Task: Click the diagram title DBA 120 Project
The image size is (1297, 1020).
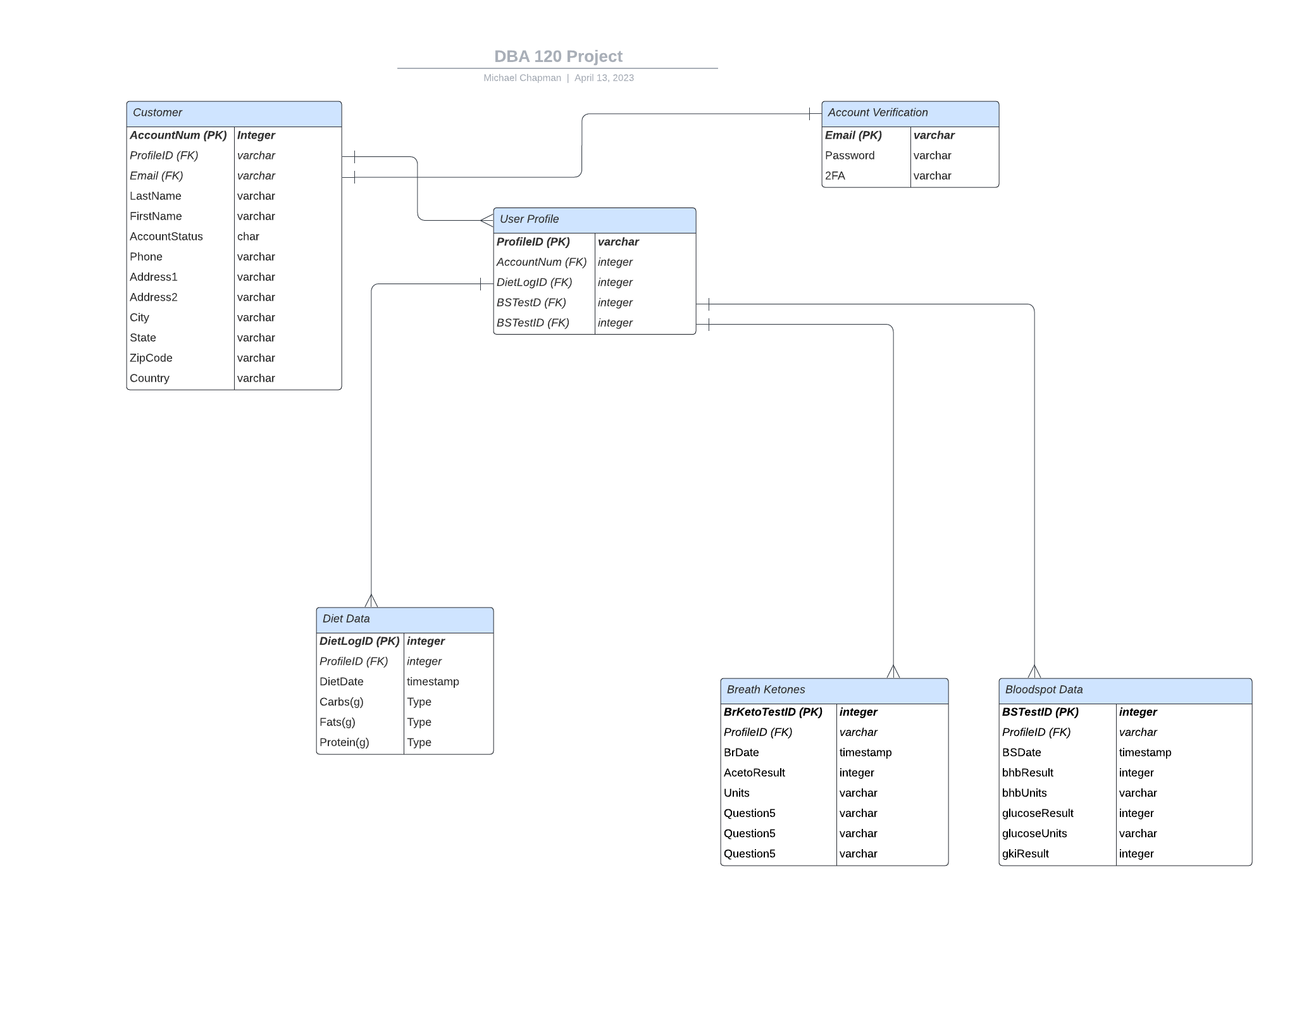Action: coord(558,56)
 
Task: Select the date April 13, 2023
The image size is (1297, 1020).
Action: coord(604,78)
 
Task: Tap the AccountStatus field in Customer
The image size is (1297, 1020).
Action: coord(166,237)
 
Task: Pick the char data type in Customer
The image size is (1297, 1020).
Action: coord(248,237)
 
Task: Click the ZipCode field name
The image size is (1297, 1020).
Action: coord(151,358)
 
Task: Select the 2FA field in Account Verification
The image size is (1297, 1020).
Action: coord(835,176)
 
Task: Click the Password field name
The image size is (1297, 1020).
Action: coord(850,156)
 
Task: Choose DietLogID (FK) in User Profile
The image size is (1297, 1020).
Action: coord(534,282)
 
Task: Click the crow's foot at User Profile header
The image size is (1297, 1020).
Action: coord(487,220)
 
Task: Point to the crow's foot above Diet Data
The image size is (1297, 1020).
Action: coord(371,600)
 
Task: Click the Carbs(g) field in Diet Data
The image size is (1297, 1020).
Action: coord(342,702)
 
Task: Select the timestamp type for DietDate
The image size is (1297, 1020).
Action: coord(433,681)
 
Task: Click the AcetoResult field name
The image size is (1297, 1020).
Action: coord(754,773)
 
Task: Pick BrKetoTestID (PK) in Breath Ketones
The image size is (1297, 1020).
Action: coord(773,712)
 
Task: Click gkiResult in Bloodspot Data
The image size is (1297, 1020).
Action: coord(1025,854)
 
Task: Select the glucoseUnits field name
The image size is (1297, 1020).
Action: coord(1034,833)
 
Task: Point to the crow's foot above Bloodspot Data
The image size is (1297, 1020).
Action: coord(1034,671)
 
